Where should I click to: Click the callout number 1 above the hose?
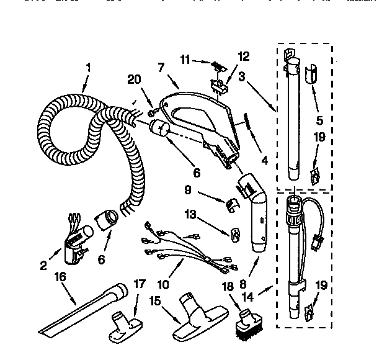88,67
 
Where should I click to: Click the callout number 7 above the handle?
161,67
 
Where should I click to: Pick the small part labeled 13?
236,235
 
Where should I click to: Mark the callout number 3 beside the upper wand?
243,77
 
